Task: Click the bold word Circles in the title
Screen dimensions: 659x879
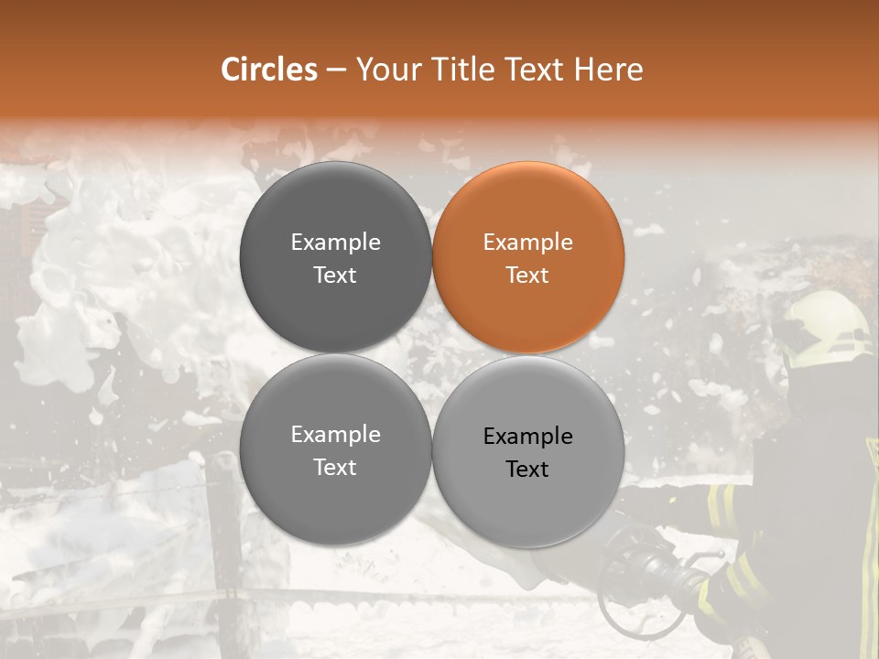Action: click(x=269, y=70)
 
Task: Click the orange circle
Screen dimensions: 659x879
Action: click(x=528, y=257)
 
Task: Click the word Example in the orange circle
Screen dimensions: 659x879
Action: click(x=528, y=243)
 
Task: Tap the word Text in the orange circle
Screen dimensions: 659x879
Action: click(x=527, y=275)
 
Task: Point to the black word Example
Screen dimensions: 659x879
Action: click(x=528, y=437)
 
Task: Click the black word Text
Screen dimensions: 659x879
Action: click(x=527, y=470)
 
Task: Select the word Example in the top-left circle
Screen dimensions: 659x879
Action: click(x=335, y=243)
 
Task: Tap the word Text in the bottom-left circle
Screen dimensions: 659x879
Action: click(x=335, y=468)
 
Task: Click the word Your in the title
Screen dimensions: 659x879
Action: click(x=388, y=70)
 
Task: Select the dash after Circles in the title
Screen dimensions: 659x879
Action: click(x=336, y=70)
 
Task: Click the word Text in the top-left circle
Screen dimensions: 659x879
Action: click(x=335, y=275)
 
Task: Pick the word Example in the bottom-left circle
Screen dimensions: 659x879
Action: click(x=335, y=435)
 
